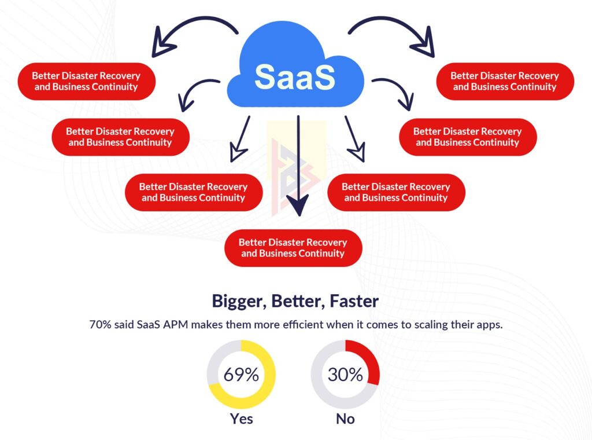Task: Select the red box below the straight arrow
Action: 293,248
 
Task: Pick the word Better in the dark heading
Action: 294,301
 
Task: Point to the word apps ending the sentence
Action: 490,324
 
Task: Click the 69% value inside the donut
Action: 241,375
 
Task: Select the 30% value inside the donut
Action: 345,375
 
